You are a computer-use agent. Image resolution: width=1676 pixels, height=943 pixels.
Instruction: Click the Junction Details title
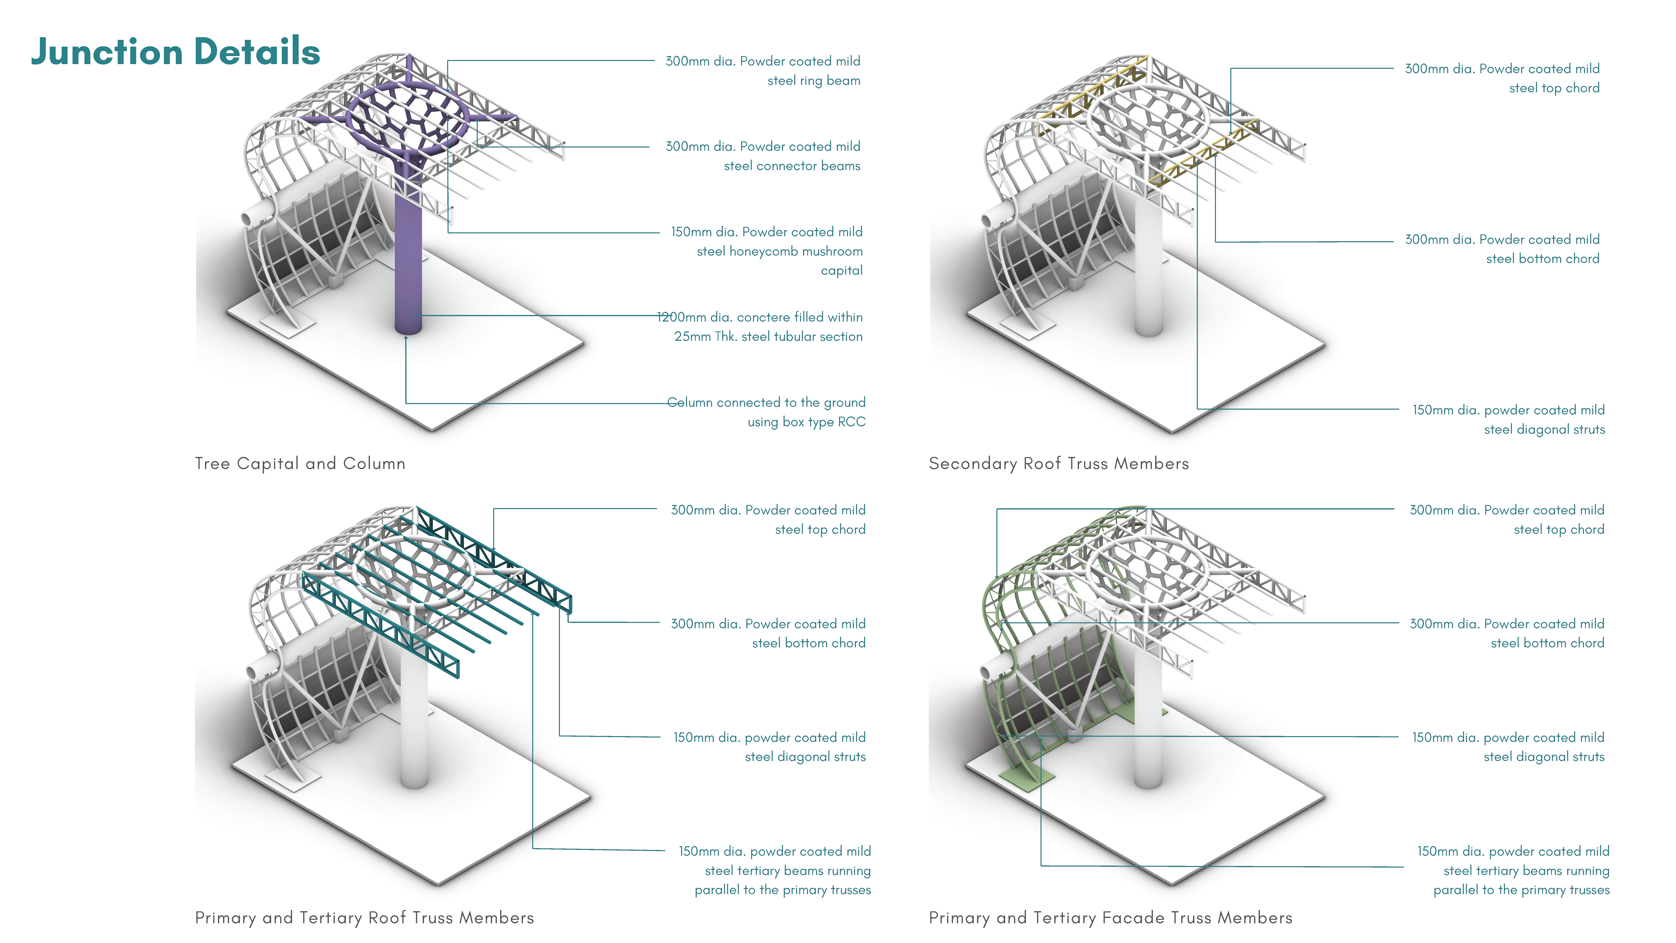click(x=176, y=52)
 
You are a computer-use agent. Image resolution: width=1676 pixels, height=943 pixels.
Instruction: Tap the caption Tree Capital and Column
click(x=300, y=463)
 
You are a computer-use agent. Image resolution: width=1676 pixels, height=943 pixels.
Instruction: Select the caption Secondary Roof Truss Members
click(x=1059, y=463)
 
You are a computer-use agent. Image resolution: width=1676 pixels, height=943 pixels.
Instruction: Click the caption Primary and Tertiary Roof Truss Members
click(x=364, y=918)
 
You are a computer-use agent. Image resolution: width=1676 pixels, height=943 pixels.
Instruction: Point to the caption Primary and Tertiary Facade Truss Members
click(x=1110, y=918)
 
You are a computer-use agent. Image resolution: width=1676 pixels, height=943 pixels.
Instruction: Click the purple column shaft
click(x=408, y=260)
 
